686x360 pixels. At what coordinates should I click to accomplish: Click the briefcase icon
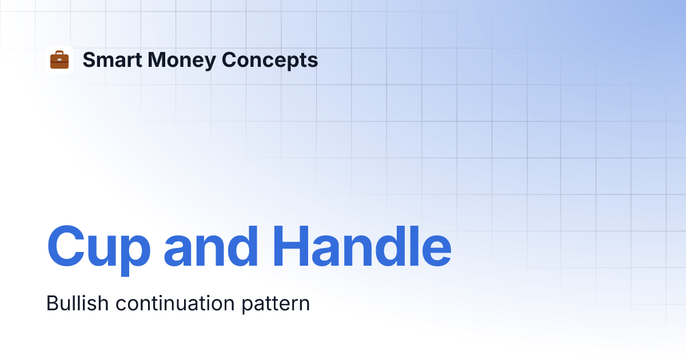point(59,59)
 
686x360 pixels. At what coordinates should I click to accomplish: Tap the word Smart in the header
point(112,59)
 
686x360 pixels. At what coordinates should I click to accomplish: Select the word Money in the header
point(182,61)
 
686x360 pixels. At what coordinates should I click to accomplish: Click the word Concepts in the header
point(270,61)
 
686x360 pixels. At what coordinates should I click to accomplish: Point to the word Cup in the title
point(99,250)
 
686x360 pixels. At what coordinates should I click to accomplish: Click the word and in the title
point(211,246)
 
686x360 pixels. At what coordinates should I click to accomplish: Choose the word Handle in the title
point(362,246)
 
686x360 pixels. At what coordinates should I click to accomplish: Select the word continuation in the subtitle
point(175,303)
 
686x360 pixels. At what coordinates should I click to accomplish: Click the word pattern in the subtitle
point(276,305)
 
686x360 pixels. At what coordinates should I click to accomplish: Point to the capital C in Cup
point(66,246)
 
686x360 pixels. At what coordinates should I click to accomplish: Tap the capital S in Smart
point(90,59)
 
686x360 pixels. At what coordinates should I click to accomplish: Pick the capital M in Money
point(157,59)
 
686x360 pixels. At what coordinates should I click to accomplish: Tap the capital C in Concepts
point(230,59)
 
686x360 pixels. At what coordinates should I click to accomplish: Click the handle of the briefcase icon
point(59,53)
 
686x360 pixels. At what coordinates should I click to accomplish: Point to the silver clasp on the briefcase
point(59,59)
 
